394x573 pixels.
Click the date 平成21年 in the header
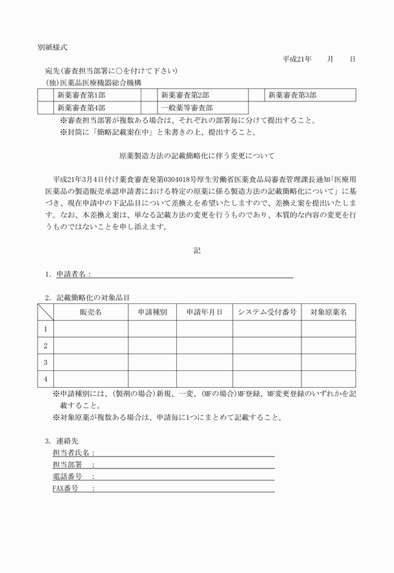click(x=297, y=59)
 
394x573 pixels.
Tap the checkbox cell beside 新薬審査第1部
click(x=45, y=96)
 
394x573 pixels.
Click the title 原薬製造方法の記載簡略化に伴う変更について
click(x=196, y=156)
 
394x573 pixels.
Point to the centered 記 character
click(x=197, y=250)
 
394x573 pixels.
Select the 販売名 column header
click(x=91, y=312)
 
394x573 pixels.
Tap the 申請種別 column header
click(x=152, y=312)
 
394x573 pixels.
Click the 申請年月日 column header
click(x=204, y=312)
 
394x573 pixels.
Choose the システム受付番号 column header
click(x=267, y=312)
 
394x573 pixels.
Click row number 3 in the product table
click(x=45, y=362)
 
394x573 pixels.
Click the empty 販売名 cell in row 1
click(x=91, y=328)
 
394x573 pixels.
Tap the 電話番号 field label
click(x=68, y=477)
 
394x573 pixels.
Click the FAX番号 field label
click(x=65, y=489)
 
